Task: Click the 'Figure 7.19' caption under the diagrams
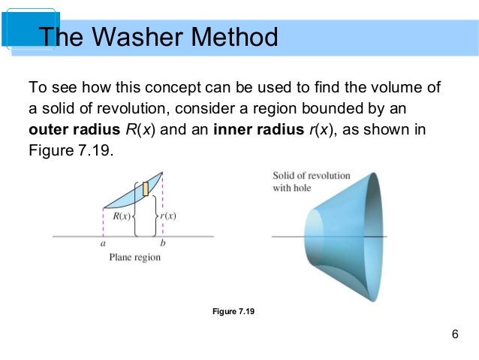234,310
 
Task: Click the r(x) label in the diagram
167,216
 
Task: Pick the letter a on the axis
104,244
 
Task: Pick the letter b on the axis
163,244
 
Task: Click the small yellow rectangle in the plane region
146,189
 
